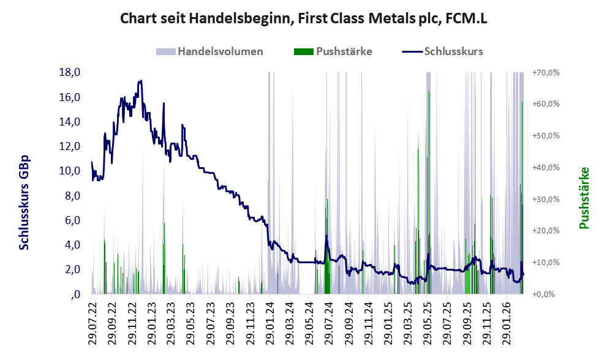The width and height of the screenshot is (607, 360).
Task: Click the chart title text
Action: [304, 18]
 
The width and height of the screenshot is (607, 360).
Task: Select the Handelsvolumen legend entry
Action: [209, 51]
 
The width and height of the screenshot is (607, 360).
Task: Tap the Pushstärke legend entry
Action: [333, 51]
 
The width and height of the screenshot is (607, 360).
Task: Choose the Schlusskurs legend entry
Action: [442, 51]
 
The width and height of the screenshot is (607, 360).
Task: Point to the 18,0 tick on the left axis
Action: [70, 72]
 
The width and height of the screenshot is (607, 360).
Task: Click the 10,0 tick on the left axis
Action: [70, 171]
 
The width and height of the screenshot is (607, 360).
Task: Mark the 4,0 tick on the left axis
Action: [72, 245]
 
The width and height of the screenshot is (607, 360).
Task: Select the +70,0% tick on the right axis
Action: [546, 72]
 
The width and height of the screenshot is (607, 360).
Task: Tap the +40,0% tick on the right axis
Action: [546, 168]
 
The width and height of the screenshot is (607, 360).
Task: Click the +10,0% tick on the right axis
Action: [546, 263]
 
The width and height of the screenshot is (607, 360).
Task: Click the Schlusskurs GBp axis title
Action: [24, 203]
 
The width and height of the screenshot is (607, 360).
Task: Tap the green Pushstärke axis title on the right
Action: [584, 198]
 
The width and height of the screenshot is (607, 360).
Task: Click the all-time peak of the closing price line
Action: [141, 81]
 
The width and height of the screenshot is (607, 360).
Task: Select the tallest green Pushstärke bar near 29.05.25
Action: [429, 192]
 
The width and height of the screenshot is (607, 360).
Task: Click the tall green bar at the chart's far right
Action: [522, 198]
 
